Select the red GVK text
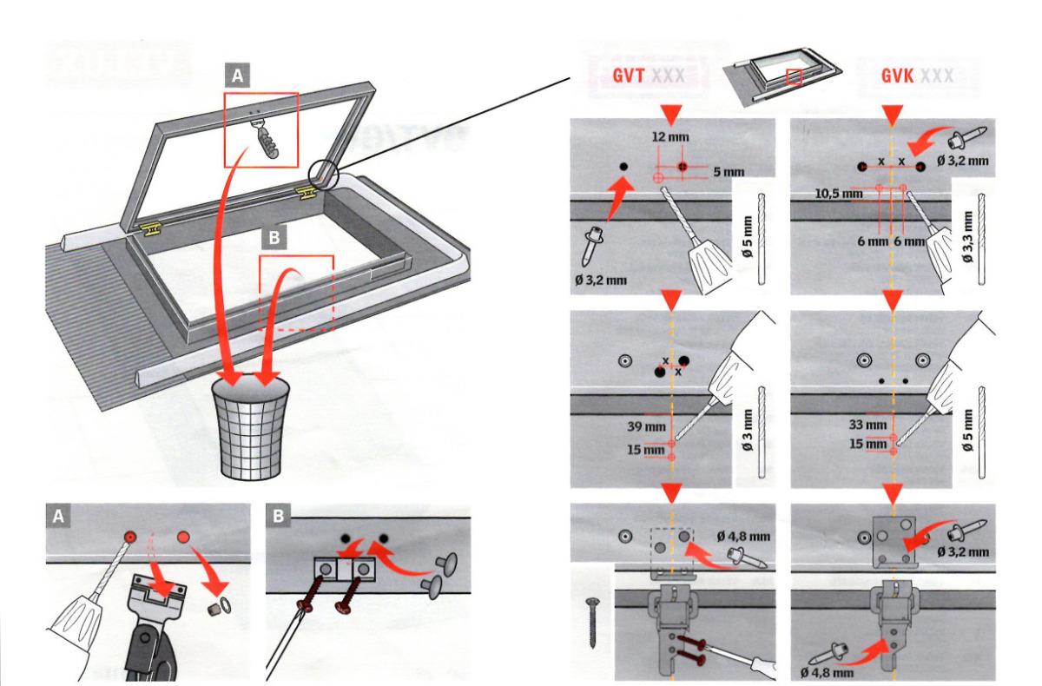(x=897, y=76)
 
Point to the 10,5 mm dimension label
(x=837, y=194)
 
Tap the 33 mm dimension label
(x=869, y=425)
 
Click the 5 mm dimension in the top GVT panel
(x=728, y=172)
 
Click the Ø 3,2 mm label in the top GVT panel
(x=599, y=280)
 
